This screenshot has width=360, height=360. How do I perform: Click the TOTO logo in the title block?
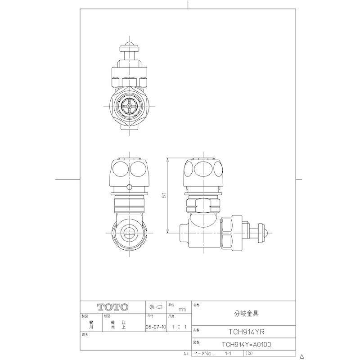coord(112,307)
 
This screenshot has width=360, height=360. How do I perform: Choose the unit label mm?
coord(182,310)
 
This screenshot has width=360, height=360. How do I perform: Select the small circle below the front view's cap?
coord(130,187)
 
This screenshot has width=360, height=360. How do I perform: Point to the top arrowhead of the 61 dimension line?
coord(167,159)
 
